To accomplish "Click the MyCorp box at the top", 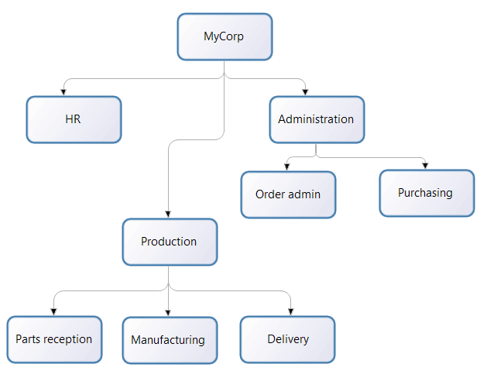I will coord(225,36).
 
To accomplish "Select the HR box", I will coord(74,119).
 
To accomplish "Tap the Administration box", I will coord(316,119).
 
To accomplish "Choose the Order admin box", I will coord(288,194).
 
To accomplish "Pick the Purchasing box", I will coord(426,193).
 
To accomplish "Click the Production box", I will coord(169,242).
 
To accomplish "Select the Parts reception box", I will coord(54,339).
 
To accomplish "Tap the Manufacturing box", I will coord(168,339).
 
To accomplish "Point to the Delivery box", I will coord(287,339).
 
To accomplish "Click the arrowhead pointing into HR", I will coord(63,92).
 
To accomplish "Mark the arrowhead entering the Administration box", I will coord(306,92).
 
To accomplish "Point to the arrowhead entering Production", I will coord(168,215).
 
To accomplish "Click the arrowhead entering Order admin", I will coord(288,167).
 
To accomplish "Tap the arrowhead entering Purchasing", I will coord(425,166).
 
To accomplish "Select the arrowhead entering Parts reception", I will coord(54,312).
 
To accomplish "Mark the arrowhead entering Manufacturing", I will coord(168,312).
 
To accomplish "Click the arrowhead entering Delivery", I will coord(290,312).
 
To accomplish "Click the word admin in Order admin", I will coord(305,194).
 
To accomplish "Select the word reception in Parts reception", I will coord(67,339).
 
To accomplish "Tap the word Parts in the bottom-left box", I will coord(28,339).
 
